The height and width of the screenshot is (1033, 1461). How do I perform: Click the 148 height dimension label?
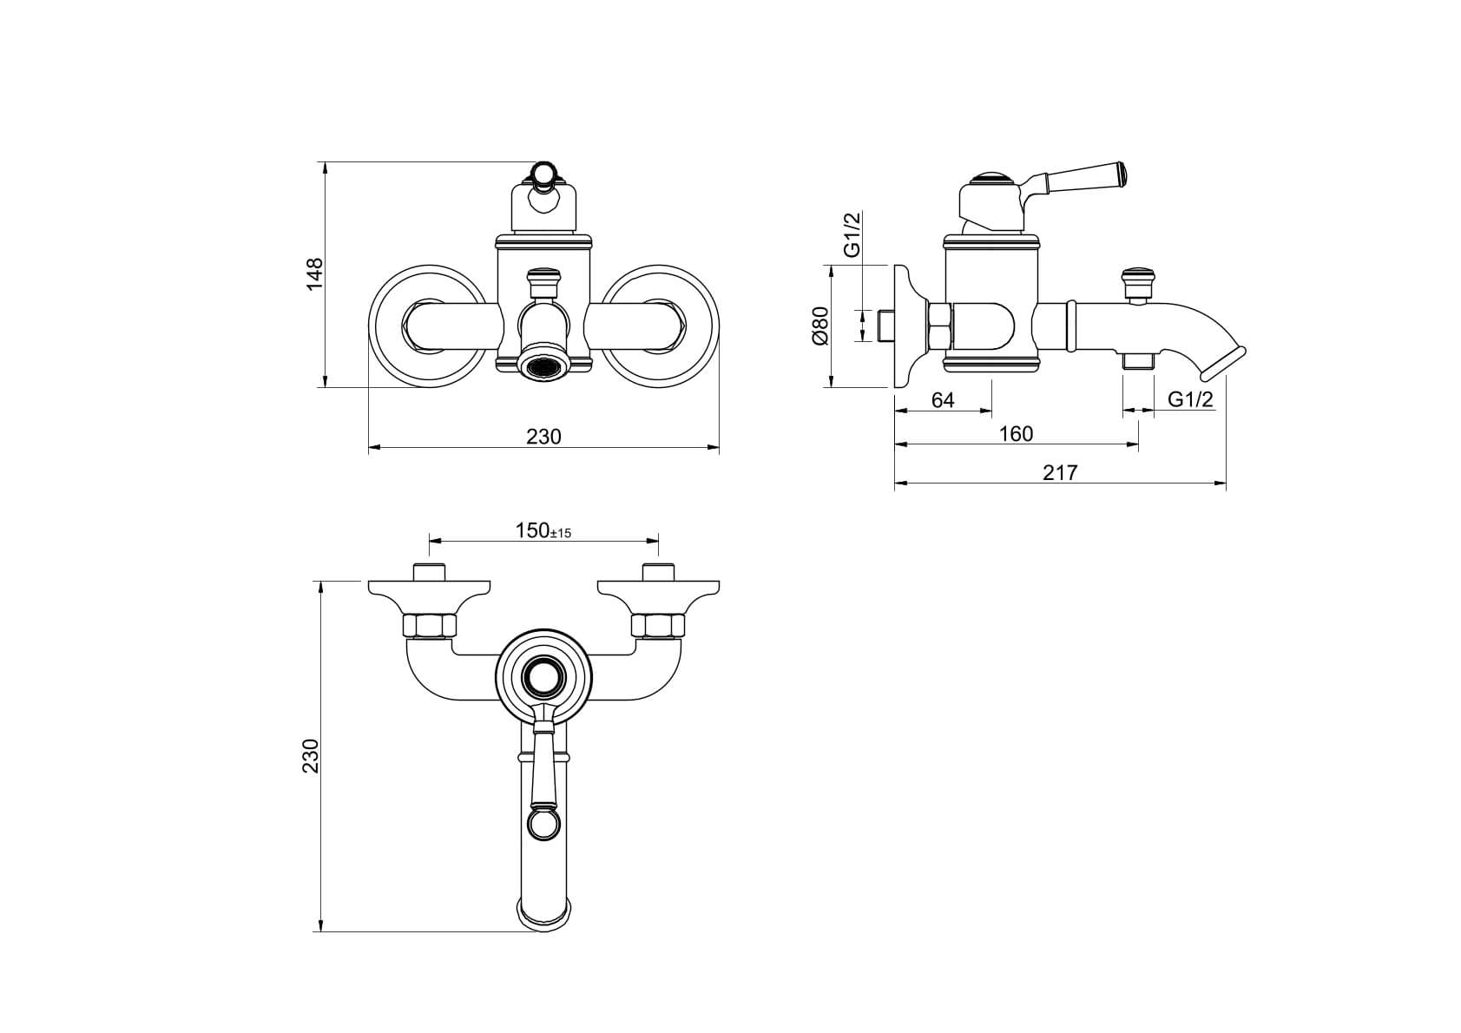coord(315,274)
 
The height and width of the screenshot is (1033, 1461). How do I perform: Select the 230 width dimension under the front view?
coord(544,437)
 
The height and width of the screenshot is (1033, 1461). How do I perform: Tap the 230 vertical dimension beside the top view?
coord(311,756)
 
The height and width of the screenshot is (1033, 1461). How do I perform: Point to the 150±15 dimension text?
coord(543,531)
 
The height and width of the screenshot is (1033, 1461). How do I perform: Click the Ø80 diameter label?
coord(819,326)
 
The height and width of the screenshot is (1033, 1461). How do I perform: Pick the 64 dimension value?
coord(943,400)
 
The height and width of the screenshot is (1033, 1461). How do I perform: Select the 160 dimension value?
coord(1017,434)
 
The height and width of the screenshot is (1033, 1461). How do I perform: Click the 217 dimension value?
coord(1060,472)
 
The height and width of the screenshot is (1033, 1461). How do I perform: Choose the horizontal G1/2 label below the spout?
coord(1191,399)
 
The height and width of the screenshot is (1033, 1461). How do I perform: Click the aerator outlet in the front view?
coord(543,366)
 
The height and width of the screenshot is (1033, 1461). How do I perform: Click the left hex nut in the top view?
coord(429,626)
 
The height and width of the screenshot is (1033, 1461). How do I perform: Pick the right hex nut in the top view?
coord(658,626)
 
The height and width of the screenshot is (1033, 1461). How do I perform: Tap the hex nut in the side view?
coord(940,326)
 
